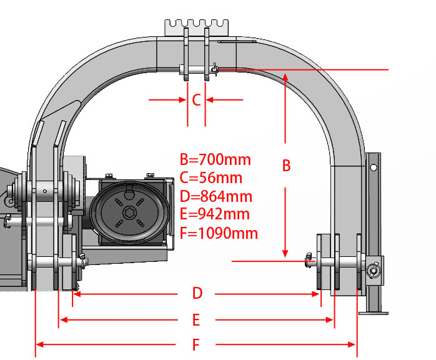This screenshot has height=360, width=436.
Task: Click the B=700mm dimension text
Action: click(x=216, y=159)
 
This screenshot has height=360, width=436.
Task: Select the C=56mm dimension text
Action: click(x=211, y=177)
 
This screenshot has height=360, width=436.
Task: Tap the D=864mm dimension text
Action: click(x=216, y=196)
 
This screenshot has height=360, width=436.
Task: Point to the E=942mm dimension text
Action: click(x=215, y=214)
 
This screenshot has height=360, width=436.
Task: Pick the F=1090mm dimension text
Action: click(x=219, y=233)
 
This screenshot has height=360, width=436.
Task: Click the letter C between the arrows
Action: click(x=196, y=100)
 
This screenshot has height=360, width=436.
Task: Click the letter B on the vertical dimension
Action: click(x=287, y=165)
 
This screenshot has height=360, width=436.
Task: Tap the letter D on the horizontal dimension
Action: click(x=197, y=293)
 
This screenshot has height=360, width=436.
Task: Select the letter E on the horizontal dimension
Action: click(x=196, y=319)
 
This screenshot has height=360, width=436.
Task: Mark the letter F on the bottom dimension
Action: click(x=196, y=345)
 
